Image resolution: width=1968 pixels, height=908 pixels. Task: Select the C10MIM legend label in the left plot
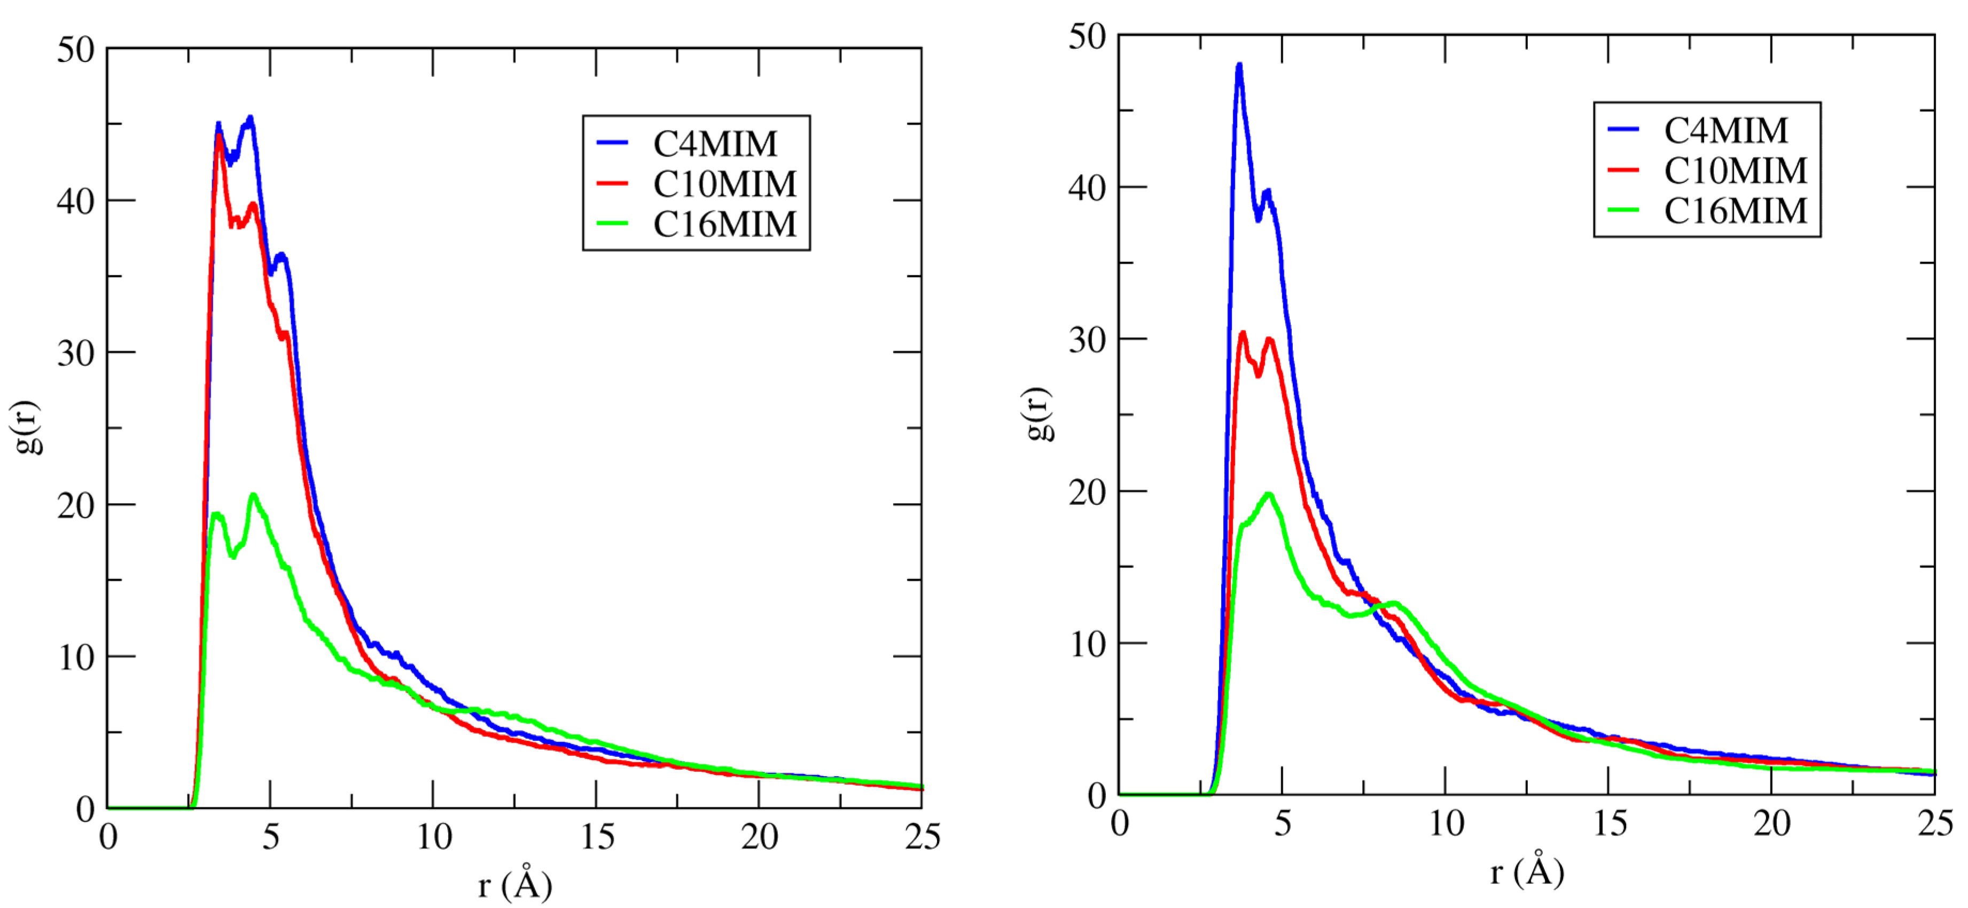tap(724, 184)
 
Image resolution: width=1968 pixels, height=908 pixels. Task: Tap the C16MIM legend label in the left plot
tap(724, 224)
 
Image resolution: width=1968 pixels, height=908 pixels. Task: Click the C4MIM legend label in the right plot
tap(1726, 130)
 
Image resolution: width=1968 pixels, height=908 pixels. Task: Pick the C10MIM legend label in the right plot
tap(1736, 171)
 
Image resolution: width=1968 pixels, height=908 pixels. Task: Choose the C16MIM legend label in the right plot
tap(1736, 211)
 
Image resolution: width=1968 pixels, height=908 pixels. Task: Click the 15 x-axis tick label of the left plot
tap(597, 837)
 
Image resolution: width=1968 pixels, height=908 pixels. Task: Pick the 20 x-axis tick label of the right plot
tap(1771, 823)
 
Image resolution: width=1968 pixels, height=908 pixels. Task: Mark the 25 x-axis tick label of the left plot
tap(922, 837)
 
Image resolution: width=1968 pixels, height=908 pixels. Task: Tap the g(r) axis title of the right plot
tap(1037, 414)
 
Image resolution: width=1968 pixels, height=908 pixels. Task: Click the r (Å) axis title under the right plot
tap(1526, 871)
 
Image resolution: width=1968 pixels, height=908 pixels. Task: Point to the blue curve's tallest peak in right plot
tap(1239, 66)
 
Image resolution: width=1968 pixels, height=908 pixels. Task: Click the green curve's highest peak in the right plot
tap(1269, 494)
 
